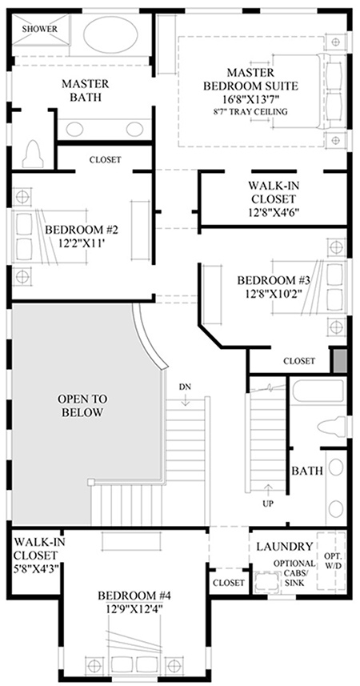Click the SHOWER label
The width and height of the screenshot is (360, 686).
tap(40, 30)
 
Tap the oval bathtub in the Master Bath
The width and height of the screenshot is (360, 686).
tap(110, 34)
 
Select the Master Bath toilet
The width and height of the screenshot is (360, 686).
tap(34, 154)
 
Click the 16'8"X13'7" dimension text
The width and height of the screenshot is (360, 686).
tap(250, 98)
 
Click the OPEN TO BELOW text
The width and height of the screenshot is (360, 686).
tap(82, 406)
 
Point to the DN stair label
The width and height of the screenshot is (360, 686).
tap(185, 387)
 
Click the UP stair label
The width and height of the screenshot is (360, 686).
tap(268, 503)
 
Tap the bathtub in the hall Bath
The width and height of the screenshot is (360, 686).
tap(318, 391)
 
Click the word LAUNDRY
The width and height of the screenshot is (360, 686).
tap(285, 546)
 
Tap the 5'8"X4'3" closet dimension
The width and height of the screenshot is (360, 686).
tap(35, 568)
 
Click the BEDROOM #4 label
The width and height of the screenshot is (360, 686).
tap(134, 596)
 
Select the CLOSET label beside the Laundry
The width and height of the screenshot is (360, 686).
tap(229, 583)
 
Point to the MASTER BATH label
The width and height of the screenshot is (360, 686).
tap(85, 90)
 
